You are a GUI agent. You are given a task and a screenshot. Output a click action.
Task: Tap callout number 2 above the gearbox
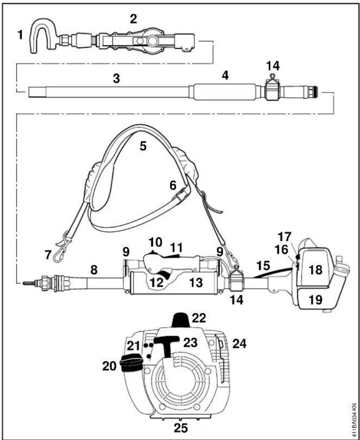point(134,19)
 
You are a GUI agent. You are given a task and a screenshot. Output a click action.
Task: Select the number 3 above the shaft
point(116,79)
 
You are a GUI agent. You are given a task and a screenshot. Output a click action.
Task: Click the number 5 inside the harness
point(143,146)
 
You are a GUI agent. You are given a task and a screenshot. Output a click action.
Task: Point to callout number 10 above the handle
point(156,242)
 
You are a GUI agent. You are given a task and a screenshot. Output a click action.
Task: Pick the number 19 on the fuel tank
point(315,300)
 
